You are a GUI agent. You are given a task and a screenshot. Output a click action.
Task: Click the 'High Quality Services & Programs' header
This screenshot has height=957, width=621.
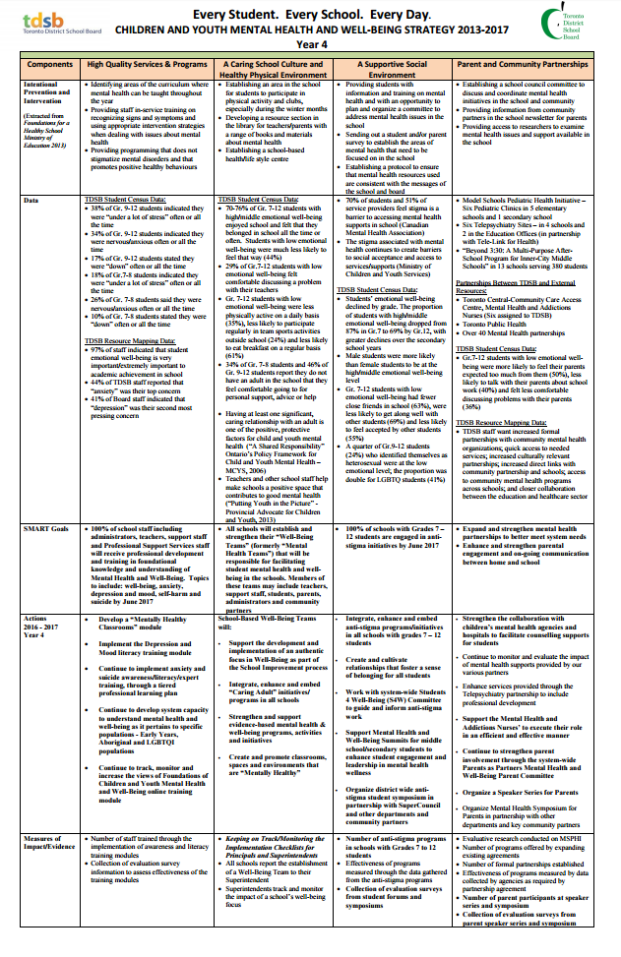pos(148,64)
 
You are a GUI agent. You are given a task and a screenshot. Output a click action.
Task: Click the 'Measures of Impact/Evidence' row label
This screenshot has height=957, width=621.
pos(50,842)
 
